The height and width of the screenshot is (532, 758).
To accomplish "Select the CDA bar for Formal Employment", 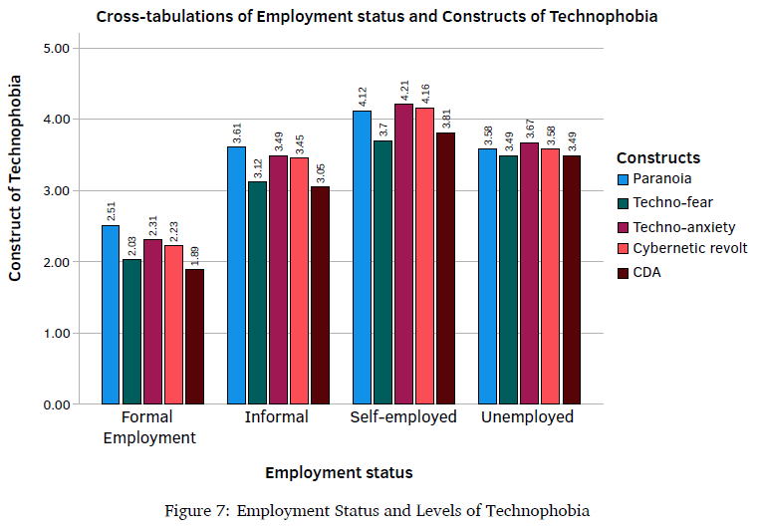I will click(x=194, y=337).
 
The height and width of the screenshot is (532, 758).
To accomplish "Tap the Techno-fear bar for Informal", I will click(x=257, y=293).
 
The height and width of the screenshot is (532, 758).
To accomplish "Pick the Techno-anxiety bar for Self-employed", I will click(x=403, y=254).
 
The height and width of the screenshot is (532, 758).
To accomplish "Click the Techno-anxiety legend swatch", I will click(x=624, y=226).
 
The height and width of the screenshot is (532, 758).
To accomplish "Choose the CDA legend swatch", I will click(x=624, y=272).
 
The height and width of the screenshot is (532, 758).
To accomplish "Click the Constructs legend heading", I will click(x=657, y=157).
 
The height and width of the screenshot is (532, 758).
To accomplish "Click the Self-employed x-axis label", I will click(x=403, y=417).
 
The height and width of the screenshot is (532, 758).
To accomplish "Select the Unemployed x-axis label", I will click(x=528, y=417).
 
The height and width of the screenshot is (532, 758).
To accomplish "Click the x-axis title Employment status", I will click(x=339, y=472).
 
